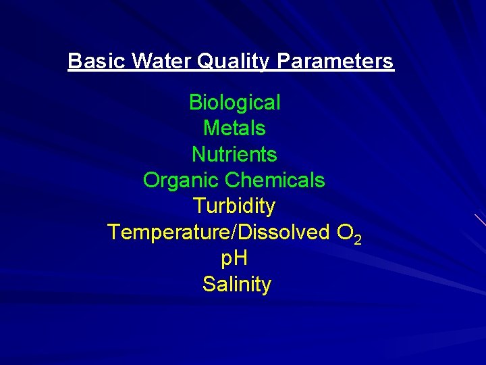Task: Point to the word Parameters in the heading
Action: pos(335,62)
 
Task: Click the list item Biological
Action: pos(234,103)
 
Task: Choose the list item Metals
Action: pos(234,128)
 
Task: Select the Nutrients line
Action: pos(234,154)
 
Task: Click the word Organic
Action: pos(181,180)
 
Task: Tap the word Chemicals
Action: pos(275,180)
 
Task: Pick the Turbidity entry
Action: pos(234,205)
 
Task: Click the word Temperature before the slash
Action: pos(169,232)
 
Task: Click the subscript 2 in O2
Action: pos(358,239)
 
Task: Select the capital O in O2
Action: pos(344,232)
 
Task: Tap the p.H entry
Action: pos(234,259)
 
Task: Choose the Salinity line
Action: pos(236,284)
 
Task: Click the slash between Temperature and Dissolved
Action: pos(234,232)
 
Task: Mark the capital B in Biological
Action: pos(196,103)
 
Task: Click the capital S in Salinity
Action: pos(209,284)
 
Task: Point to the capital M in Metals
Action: pos(211,128)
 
